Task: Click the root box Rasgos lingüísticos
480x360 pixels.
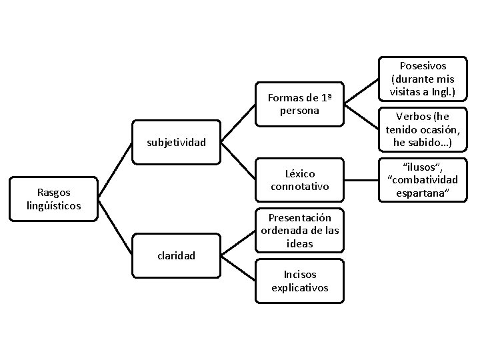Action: point(54,199)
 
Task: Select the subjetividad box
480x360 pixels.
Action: point(177,141)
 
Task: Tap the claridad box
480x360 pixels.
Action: point(177,255)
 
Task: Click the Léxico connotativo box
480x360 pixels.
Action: point(300,180)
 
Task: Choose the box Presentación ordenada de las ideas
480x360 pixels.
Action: point(300,231)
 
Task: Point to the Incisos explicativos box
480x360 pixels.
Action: point(300,281)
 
